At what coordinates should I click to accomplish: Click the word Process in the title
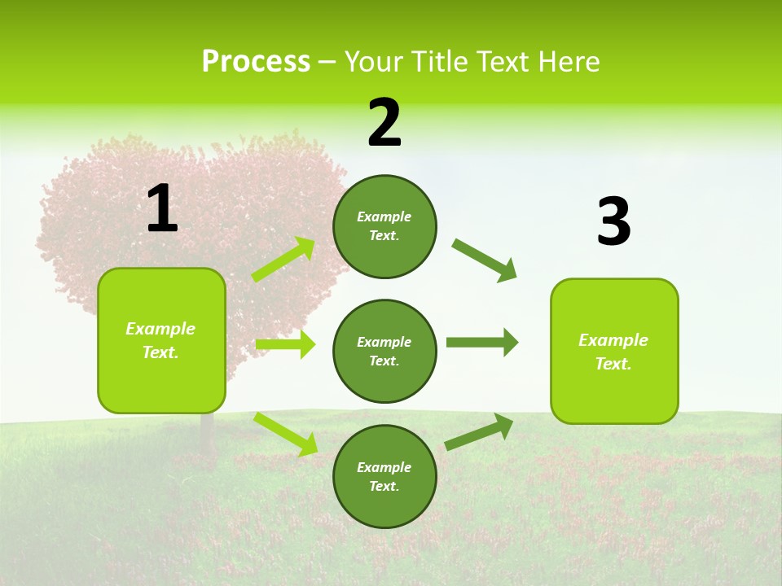[x=256, y=62]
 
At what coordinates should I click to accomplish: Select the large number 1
[x=162, y=209]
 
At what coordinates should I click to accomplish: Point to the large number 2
[x=384, y=123]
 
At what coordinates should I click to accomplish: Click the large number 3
[x=613, y=222]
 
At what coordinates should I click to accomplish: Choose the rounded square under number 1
[x=161, y=340]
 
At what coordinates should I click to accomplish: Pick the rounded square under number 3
[x=614, y=351]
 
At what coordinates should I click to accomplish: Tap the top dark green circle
[x=384, y=226]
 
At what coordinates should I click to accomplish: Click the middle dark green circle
[x=384, y=351]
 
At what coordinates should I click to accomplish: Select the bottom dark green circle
[x=384, y=476]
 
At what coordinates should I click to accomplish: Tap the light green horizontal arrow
[x=285, y=344]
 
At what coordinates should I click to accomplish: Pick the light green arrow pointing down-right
[x=285, y=433]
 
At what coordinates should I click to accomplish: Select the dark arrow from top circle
[x=485, y=260]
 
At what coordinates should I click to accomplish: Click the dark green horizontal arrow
[x=481, y=342]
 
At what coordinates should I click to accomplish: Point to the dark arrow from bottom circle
[x=479, y=431]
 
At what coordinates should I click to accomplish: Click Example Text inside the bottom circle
[x=384, y=477]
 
